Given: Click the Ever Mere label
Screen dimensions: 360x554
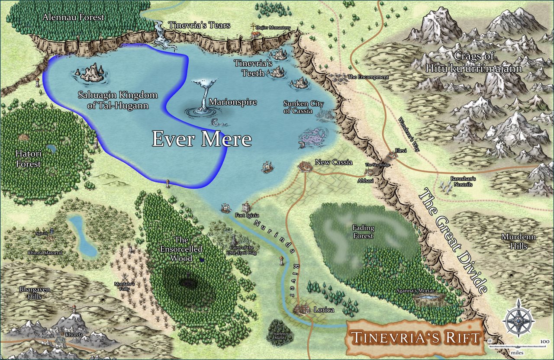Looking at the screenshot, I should tap(202, 139).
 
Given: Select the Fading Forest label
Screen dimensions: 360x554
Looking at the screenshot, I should tap(363, 232).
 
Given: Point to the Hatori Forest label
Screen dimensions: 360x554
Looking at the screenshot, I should tap(28, 159).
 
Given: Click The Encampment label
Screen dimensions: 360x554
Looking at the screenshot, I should tap(368, 77).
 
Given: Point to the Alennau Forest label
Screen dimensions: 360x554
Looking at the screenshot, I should tap(74, 17).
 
